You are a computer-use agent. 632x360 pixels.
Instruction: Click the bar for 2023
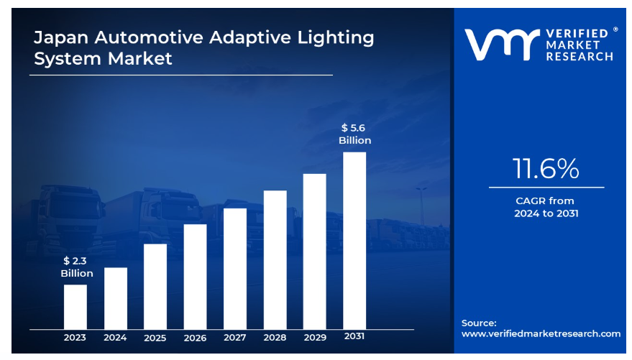(x=75, y=307)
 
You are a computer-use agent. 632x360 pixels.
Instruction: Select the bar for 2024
(x=115, y=298)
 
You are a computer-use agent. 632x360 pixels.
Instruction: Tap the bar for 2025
(x=155, y=287)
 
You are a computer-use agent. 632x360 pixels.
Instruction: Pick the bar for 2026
(x=195, y=277)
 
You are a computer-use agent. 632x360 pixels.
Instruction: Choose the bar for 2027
(x=235, y=269)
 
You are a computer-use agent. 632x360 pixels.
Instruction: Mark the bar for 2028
(x=275, y=260)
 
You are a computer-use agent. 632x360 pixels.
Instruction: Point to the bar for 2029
(x=315, y=251)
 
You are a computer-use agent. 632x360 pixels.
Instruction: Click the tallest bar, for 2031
(x=354, y=241)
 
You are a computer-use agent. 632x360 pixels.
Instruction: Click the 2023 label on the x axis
(x=75, y=338)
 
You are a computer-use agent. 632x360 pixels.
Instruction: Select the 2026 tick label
(x=195, y=338)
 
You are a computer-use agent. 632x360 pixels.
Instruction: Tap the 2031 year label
(x=354, y=338)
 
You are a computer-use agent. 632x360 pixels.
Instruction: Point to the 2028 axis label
(x=275, y=338)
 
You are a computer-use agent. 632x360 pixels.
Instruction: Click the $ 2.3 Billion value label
(x=76, y=267)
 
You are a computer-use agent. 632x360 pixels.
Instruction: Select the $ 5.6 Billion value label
(x=354, y=134)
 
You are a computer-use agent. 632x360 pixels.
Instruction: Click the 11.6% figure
(x=546, y=169)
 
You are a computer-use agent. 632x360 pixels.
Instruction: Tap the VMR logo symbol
(x=500, y=45)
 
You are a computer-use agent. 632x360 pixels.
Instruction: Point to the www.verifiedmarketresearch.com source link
(x=541, y=333)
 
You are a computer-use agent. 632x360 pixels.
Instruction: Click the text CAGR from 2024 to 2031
(x=546, y=207)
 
